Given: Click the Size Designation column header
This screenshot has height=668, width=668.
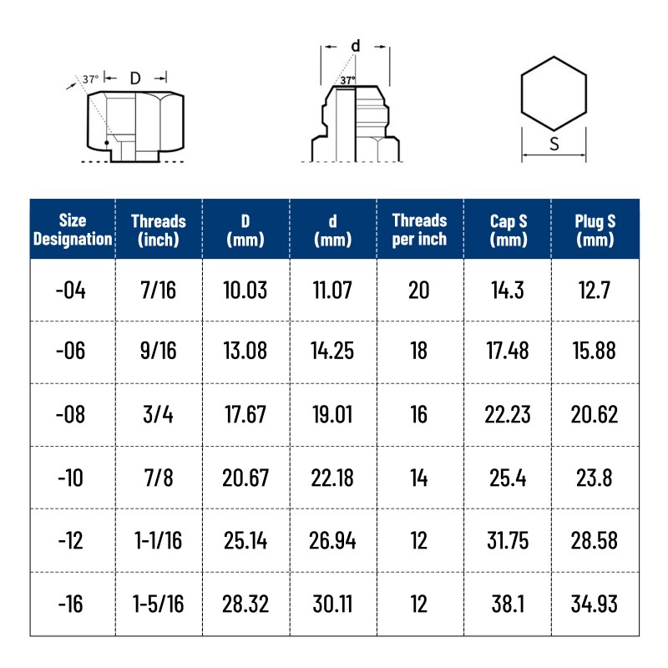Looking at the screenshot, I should coord(73,230).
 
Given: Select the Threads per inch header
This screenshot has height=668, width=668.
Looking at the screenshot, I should coord(419,230).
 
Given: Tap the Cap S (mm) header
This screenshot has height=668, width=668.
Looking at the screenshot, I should coord(509,230).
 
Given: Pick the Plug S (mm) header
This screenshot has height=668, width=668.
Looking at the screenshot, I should coord(595,230).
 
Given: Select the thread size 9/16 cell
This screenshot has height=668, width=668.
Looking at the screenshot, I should coord(159,351).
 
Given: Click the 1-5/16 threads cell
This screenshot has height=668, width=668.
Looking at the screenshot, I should coord(159,604).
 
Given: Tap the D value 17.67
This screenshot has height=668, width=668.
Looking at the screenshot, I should coord(245,415).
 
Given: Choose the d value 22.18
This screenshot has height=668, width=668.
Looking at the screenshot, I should coord(333,478).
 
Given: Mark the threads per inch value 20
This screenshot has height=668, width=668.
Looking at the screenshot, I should coord(419,291).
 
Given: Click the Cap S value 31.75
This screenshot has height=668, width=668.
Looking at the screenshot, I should coord(508,540).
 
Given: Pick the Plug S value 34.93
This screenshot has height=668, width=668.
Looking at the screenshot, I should coord(595,604).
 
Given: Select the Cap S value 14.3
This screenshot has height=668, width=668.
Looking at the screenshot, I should coord(508,291).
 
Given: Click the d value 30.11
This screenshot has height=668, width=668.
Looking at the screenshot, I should coord(333,604).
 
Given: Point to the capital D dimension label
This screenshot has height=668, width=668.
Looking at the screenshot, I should coord(135,78).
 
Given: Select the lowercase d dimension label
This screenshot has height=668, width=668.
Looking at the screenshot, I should coord(355,46).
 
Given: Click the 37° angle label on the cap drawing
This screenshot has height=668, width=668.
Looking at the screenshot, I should coord(90,78).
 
